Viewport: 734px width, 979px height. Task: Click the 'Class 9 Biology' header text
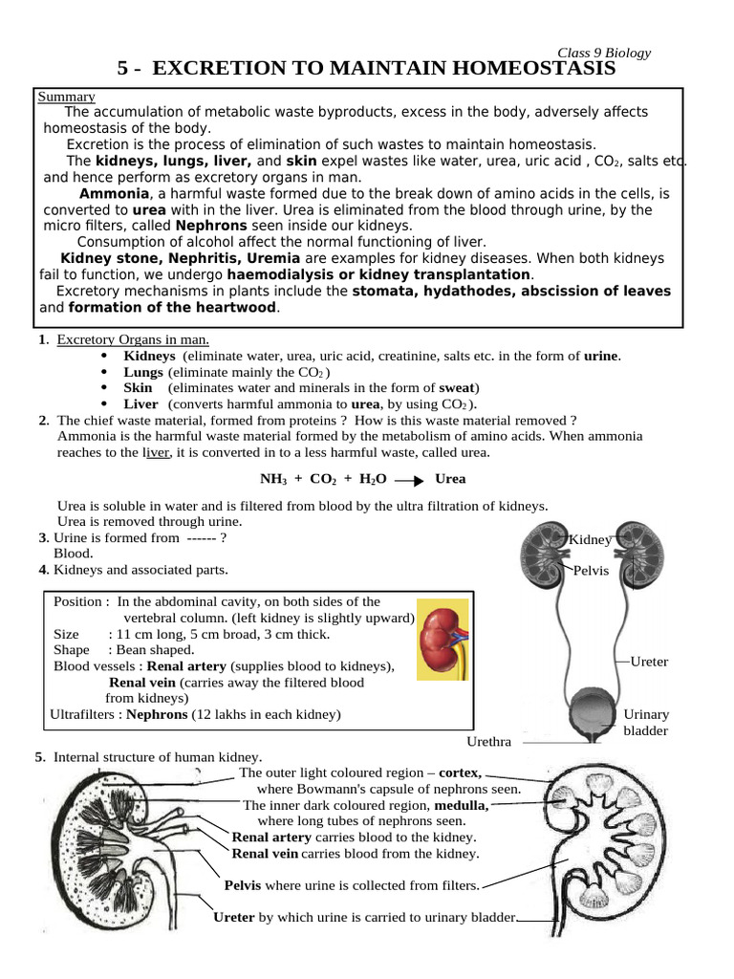604,54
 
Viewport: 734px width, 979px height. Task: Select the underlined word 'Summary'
66,97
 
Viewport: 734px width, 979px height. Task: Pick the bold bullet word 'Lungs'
144,372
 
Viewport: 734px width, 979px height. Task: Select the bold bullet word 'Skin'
138,387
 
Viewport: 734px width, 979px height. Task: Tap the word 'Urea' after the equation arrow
450,478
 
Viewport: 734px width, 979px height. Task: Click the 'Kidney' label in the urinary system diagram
591,540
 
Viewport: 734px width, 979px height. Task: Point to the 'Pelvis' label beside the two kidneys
592,571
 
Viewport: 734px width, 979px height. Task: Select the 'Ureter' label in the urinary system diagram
650,662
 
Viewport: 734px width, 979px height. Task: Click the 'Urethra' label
488,742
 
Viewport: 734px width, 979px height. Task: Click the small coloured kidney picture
443,640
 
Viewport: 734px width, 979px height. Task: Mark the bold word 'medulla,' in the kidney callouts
461,805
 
